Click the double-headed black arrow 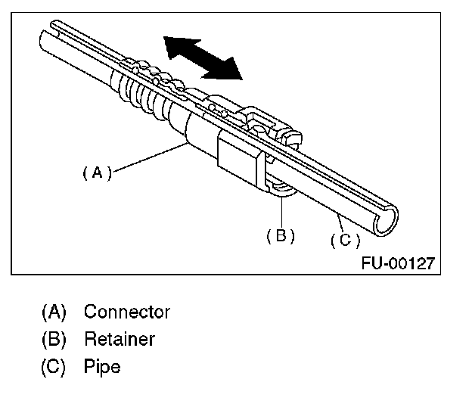pos(203,57)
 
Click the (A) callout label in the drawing pos(97,172)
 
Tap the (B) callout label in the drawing pos(280,235)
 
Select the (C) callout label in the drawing pos(345,240)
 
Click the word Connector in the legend pos(127,312)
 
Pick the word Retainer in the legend pos(119,340)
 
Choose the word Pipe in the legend pos(102,367)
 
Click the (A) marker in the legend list pos(54,312)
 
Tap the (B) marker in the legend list pos(54,340)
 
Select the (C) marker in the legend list pos(54,367)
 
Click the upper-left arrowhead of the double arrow pos(175,45)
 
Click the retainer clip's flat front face pos(236,155)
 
